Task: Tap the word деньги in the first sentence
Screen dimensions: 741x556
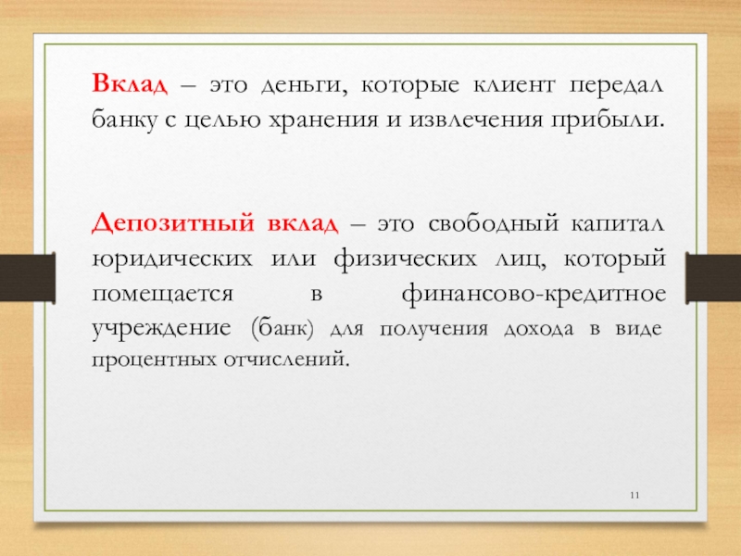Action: coord(304,86)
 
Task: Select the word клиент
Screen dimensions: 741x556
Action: coord(513,85)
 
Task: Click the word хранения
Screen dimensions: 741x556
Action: coord(323,120)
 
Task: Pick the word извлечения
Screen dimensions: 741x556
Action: coord(476,120)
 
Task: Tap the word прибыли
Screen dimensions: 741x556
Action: coord(608,120)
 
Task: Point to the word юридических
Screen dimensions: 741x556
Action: coord(172,259)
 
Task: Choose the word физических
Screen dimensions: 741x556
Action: coord(405,259)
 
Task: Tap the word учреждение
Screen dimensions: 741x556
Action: coord(161,329)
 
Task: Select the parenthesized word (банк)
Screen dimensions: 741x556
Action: coord(283,329)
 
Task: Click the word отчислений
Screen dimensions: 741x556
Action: coord(287,360)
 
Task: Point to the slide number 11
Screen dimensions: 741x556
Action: coord(634,495)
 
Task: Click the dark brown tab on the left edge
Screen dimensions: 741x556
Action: coord(28,277)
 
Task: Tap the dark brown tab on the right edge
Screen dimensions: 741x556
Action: coord(713,277)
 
